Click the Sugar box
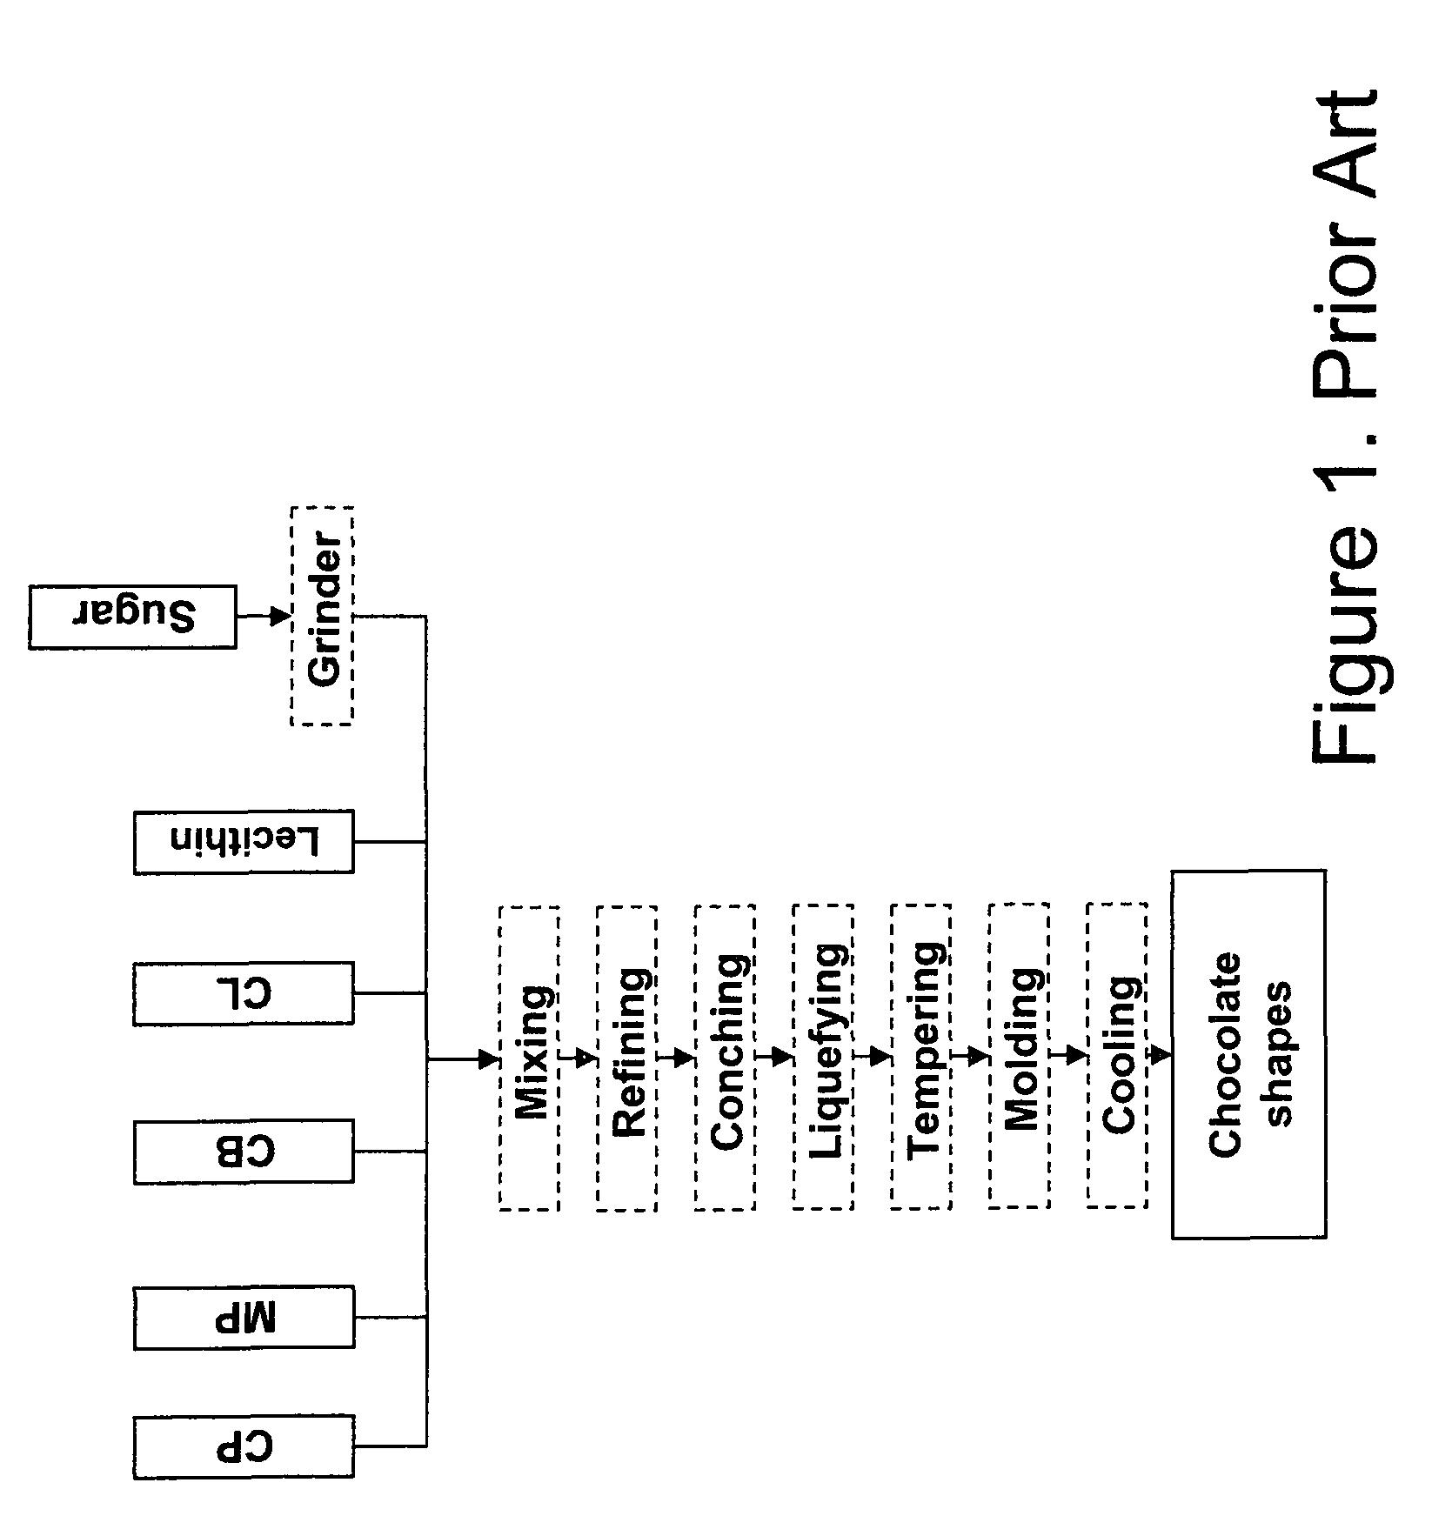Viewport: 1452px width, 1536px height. [x=132, y=617]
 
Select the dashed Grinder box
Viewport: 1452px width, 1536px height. [x=322, y=616]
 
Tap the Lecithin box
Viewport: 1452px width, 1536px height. [x=244, y=842]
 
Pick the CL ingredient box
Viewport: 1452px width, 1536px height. [x=244, y=992]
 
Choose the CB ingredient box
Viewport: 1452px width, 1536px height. [x=244, y=1152]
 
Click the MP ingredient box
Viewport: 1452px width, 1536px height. [x=244, y=1317]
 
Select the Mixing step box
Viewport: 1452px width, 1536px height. [x=530, y=1058]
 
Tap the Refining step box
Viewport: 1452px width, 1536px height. [x=627, y=1058]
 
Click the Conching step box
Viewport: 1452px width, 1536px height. [x=725, y=1058]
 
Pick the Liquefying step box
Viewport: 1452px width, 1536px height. [x=823, y=1058]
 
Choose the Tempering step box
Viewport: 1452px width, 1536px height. [x=920, y=1058]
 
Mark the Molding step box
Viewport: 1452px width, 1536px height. [x=1019, y=1058]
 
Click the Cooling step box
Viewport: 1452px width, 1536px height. [x=1117, y=1058]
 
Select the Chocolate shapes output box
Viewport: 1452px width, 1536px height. [x=1248, y=1053]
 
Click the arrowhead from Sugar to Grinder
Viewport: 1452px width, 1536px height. [x=280, y=617]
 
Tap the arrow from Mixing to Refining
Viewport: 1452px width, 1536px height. [x=579, y=1059]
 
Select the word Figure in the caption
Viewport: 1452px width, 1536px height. [x=1345, y=644]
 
